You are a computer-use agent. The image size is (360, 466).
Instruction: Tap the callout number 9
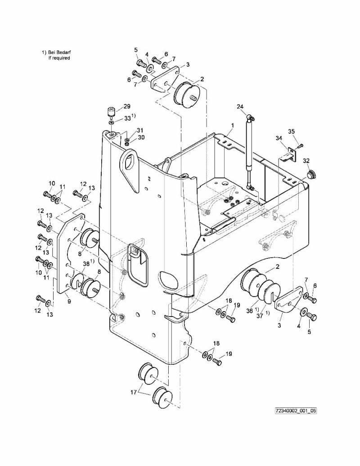pos(69,302)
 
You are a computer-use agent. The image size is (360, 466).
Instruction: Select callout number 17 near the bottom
pos(134,393)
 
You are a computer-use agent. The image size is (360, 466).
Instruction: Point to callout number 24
pos(240,107)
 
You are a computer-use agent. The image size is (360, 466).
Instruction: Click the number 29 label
pos(126,106)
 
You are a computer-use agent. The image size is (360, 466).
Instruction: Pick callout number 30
pos(141,137)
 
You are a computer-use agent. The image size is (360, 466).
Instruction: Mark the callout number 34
pos(279,139)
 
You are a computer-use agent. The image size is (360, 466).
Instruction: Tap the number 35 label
pos(291,131)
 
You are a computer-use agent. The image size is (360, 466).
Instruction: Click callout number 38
pos(86,264)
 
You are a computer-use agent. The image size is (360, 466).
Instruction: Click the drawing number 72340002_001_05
pos(296,411)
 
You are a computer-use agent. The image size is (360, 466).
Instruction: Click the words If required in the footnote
pos(59,58)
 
